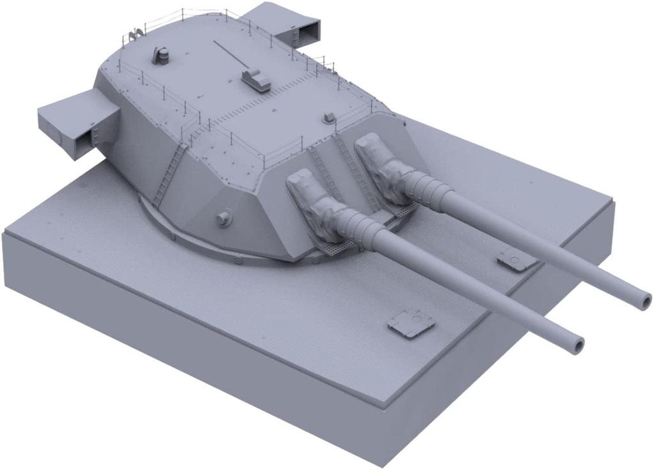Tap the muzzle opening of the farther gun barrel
(x=644, y=299)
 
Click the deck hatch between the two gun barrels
(x=516, y=259)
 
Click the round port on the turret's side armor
(x=224, y=218)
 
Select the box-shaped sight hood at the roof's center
(x=256, y=80)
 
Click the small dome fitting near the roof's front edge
(x=329, y=117)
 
